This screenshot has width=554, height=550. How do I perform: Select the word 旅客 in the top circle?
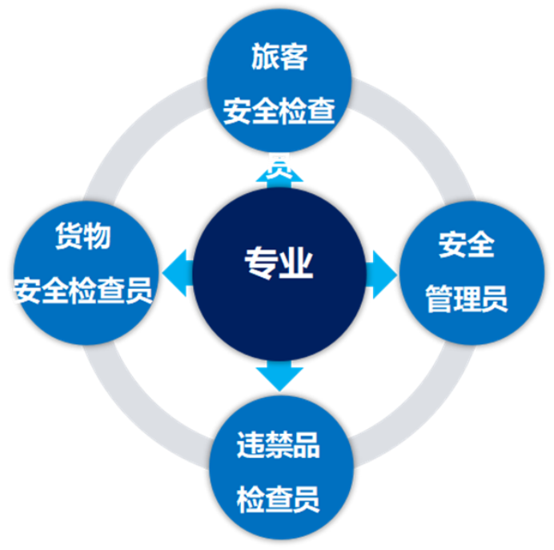pyautogui.click(x=279, y=58)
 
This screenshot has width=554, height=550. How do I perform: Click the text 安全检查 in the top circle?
pyautogui.click(x=279, y=111)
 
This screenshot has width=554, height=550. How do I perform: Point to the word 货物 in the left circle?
pyautogui.click(x=82, y=236)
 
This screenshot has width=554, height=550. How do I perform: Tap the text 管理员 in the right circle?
pyautogui.click(x=467, y=300)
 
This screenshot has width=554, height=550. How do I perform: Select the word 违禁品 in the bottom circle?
pyautogui.click(x=279, y=445)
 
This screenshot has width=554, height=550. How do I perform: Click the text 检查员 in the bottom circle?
pyautogui.click(x=279, y=499)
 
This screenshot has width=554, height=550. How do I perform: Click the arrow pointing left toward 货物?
pyautogui.click(x=177, y=266)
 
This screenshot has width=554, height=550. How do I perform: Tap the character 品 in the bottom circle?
pyautogui.click(x=306, y=445)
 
